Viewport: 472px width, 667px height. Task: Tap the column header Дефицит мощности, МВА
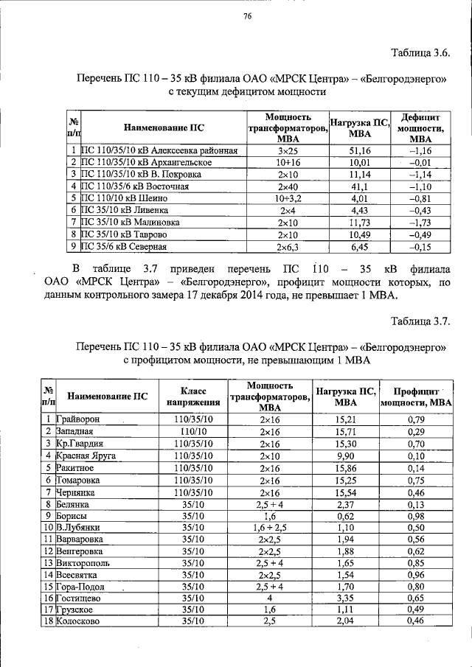tap(420, 128)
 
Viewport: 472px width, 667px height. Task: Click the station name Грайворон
tap(77, 419)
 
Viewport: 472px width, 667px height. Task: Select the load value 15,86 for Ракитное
tap(345, 467)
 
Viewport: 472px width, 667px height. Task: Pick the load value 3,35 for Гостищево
tap(345, 598)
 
